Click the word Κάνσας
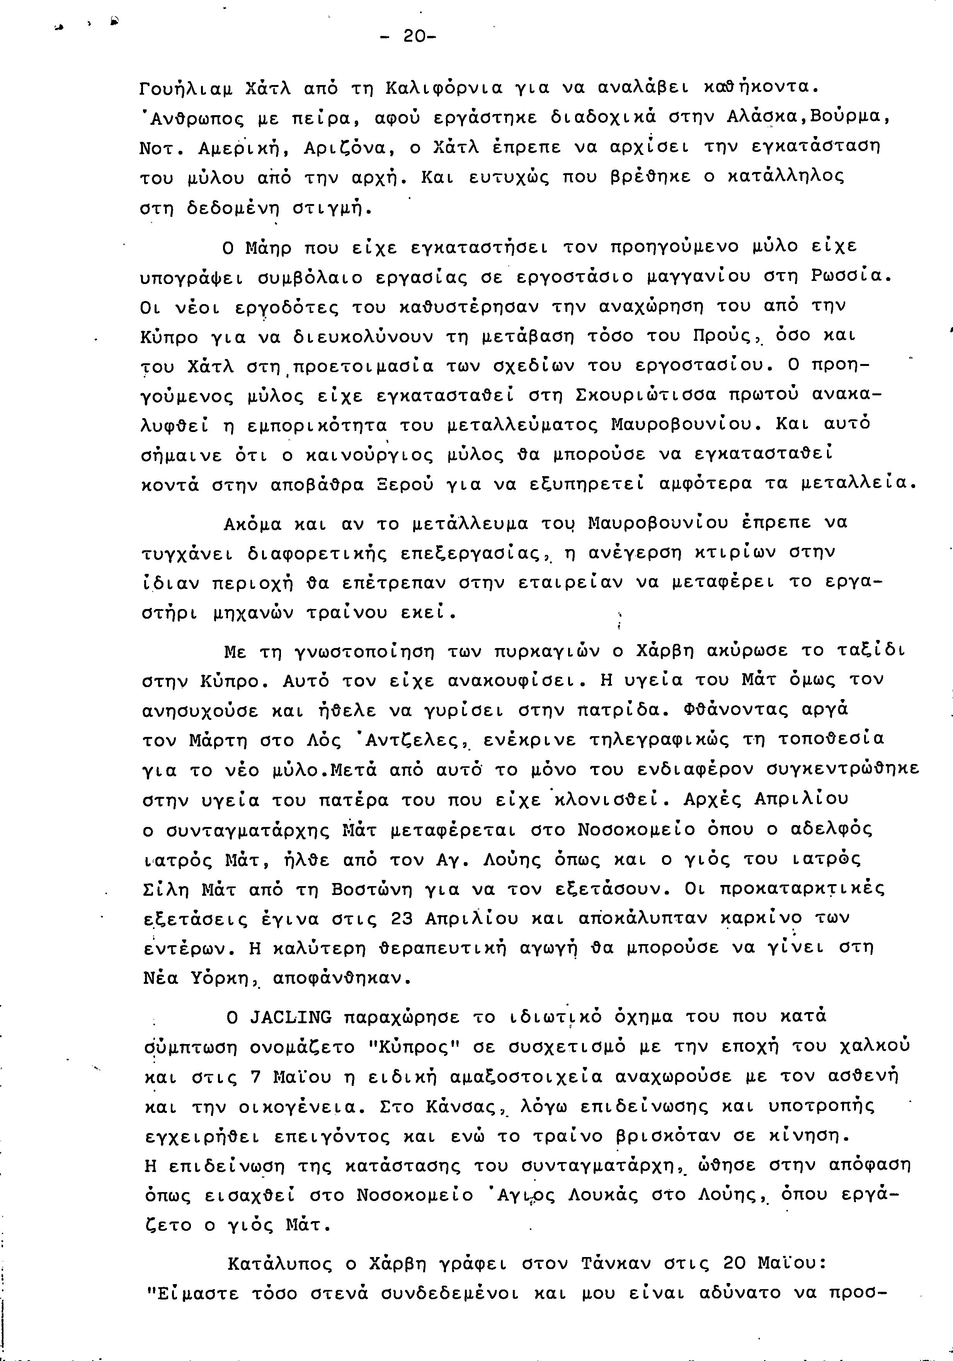click(x=464, y=1106)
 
